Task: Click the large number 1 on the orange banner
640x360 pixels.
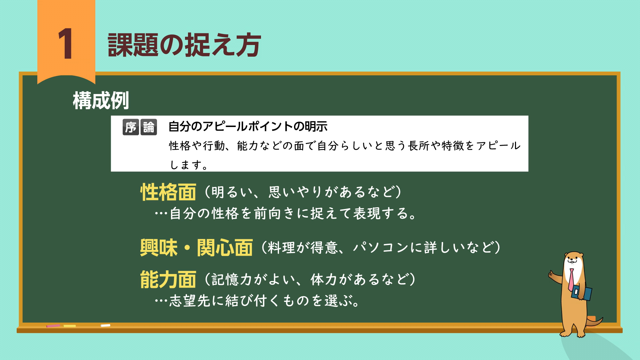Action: (x=66, y=44)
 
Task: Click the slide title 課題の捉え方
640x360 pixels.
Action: (x=184, y=45)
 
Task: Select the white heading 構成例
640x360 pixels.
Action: (x=101, y=100)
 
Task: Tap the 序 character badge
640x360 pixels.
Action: (x=131, y=127)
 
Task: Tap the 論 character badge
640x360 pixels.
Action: (x=149, y=127)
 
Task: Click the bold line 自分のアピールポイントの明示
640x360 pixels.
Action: (x=248, y=126)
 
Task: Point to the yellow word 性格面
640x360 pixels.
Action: (x=168, y=192)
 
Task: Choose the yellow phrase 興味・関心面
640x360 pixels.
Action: (x=196, y=248)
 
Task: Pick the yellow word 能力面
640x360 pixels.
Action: (x=168, y=279)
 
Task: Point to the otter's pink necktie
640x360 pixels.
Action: (x=571, y=279)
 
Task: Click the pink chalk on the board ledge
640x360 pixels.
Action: (x=53, y=326)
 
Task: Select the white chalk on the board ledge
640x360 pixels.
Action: (x=105, y=325)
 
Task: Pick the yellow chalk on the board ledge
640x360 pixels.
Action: (x=70, y=326)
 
